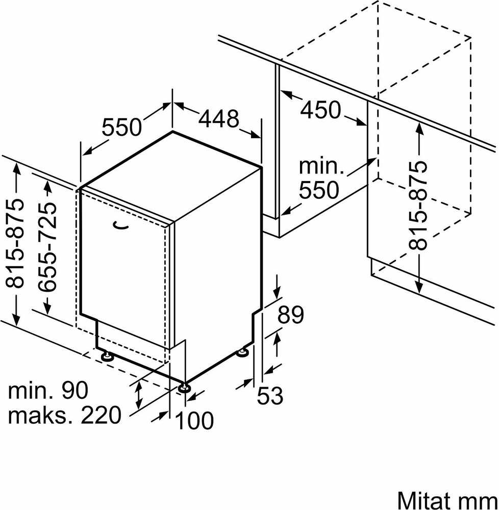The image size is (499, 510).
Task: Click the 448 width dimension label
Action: coord(218,118)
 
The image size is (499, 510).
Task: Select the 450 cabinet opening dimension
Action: coord(320,110)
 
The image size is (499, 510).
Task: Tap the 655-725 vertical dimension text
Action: coord(47,247)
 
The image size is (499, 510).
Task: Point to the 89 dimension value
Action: coord(290,315)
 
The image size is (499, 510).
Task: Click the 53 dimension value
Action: coord(270,396)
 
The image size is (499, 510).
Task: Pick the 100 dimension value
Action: coord(194,420)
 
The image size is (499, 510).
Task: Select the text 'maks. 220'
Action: coord(64,415)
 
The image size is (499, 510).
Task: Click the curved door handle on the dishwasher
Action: coord(120,225)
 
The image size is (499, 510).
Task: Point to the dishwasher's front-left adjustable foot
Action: coord(107,356)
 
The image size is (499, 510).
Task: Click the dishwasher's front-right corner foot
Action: coord(184,388)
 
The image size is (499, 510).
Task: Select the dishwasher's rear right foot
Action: coord(242,352)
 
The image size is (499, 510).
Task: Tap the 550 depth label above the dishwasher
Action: coord(122,127)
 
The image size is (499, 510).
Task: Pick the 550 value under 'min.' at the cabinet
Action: coord(319,190)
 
